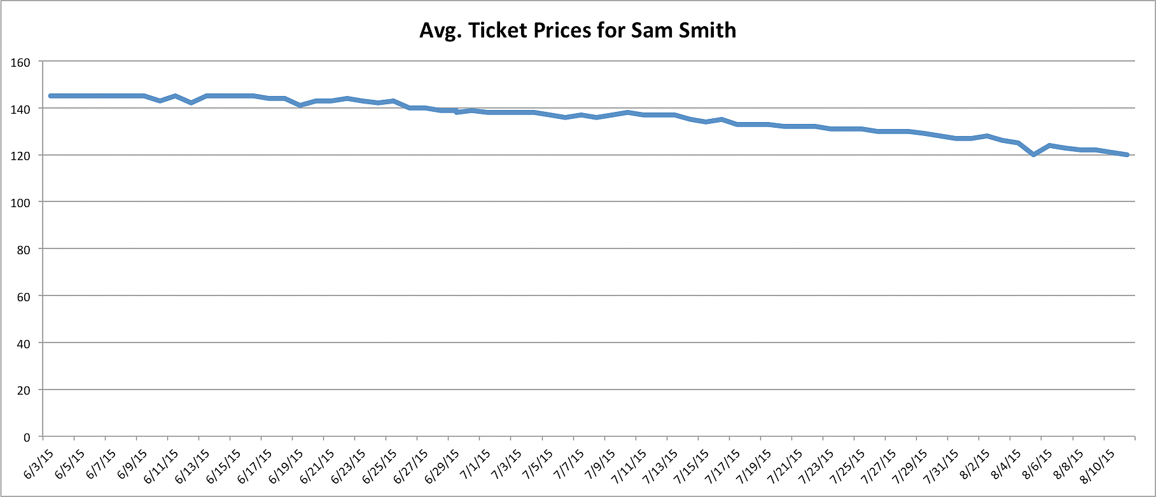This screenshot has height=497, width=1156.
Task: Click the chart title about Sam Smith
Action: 578,31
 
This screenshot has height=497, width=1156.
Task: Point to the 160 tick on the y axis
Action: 20,62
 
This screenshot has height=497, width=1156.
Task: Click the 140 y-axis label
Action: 20,109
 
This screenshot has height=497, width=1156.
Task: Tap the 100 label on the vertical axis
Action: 20,203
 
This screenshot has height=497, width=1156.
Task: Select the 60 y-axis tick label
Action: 23,297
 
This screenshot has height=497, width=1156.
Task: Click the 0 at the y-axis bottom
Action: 27,437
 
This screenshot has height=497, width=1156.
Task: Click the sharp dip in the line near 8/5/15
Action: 1034,154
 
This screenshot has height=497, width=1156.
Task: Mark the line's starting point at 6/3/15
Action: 50,96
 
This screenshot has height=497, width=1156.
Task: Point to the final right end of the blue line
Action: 1127,154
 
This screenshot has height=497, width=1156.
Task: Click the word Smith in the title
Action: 707,31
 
